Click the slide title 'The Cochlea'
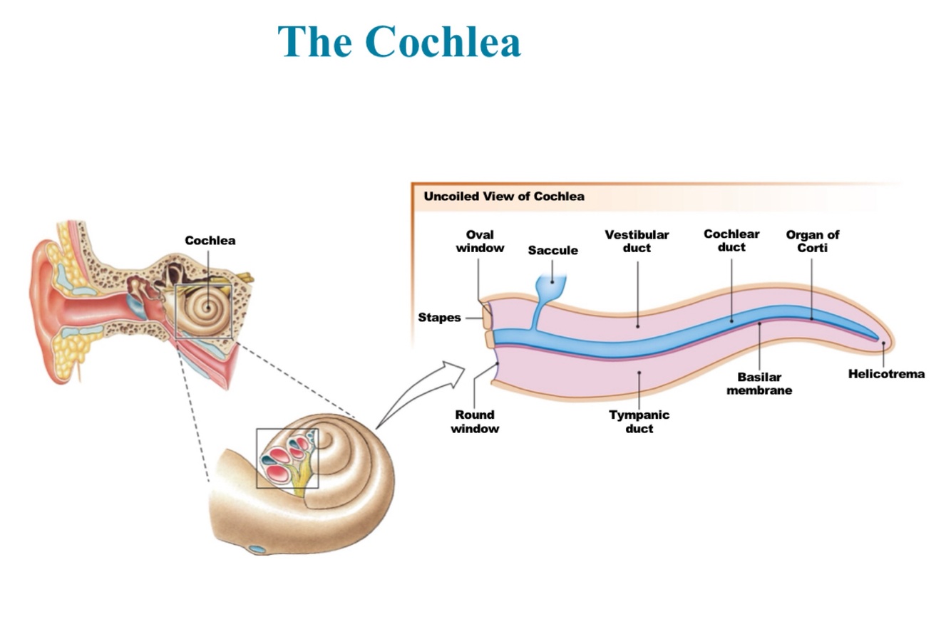[399, 41]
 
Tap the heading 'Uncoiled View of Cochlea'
[503, 197]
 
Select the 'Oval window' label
[480, 241]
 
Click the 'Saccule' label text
[552, 251]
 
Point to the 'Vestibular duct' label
[637, 241]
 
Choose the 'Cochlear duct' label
[731, 241]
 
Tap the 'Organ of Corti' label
[812, 241]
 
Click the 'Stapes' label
[439, 318]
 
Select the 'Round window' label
[475, 422]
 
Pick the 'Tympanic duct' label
[639, 422]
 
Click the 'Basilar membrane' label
[759, 383]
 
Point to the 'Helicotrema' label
[886, 374]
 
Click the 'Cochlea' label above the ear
[210, 241]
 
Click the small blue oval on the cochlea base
[257, 549]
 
